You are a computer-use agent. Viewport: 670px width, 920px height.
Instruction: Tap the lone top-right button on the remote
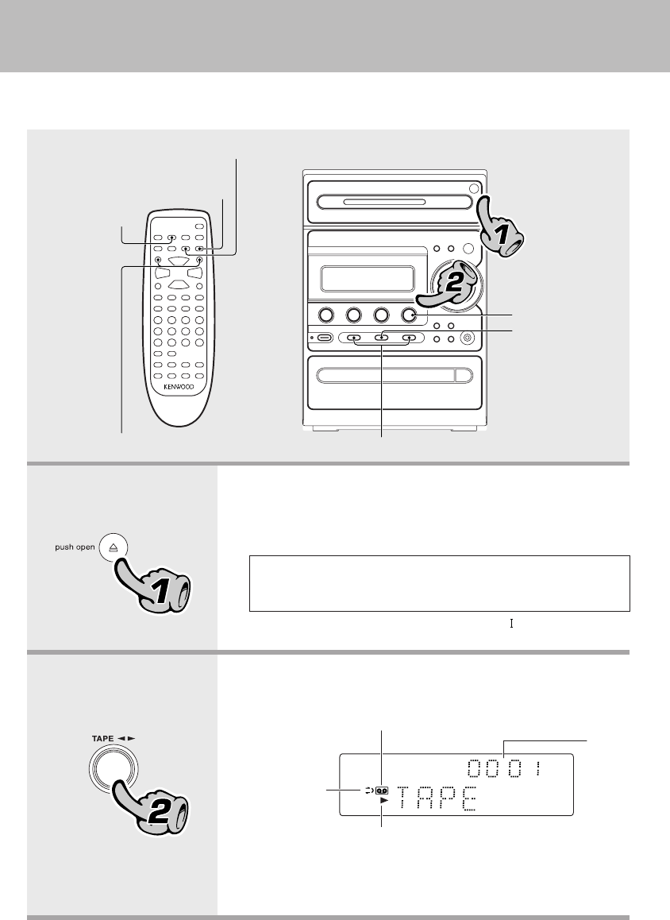[x=199, y=227]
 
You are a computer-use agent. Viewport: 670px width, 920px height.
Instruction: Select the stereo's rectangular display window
[x=366, y=279]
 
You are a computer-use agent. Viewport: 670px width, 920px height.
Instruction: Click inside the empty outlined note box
[x=440, y=583]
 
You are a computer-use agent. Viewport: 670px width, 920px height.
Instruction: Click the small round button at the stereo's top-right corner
[x=474, y=188]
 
